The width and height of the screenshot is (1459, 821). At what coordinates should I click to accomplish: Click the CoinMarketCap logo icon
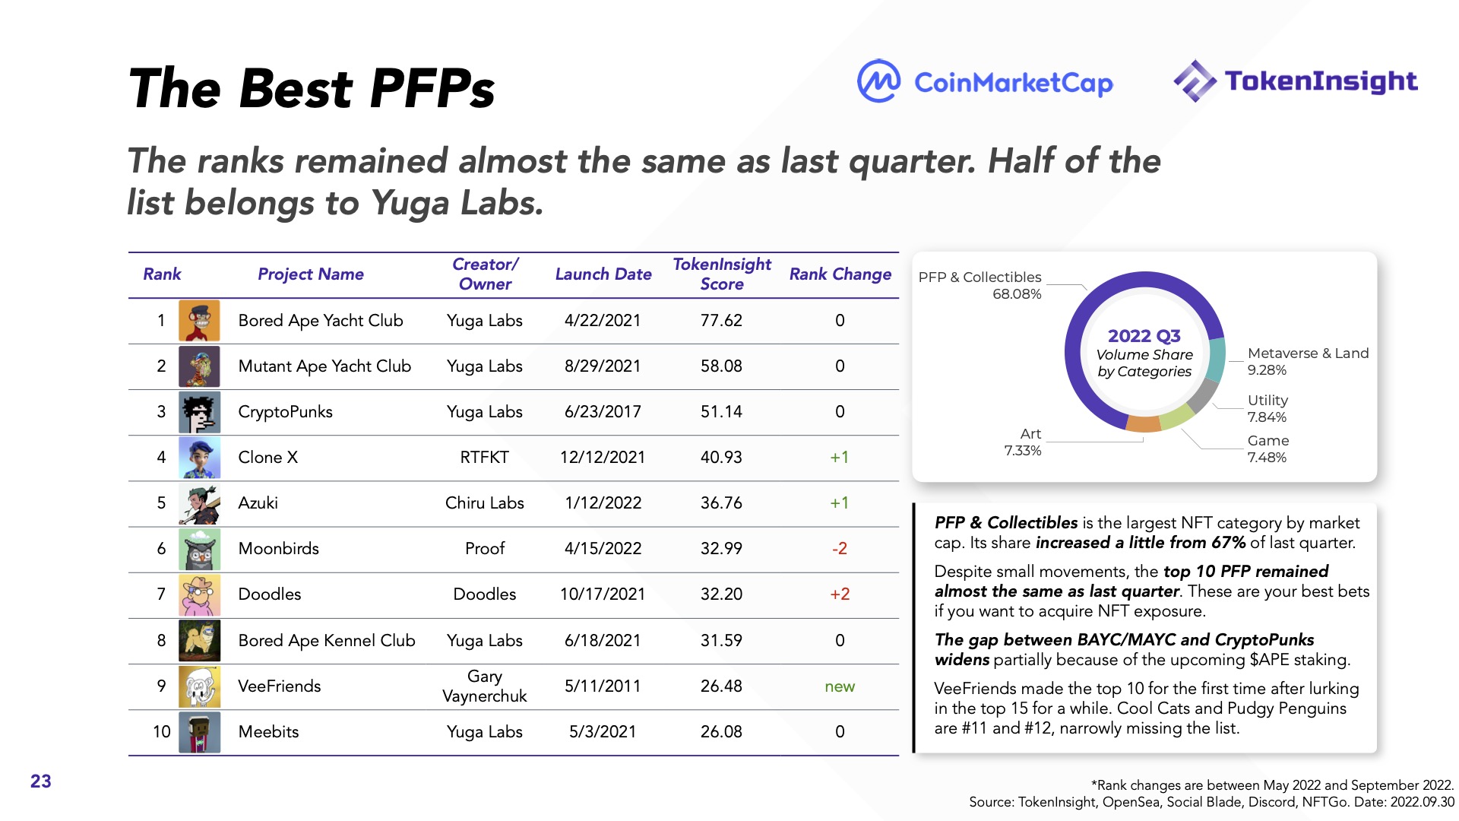click(878, 81)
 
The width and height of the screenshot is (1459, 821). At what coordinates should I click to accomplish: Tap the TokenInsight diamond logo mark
click(1195, 81)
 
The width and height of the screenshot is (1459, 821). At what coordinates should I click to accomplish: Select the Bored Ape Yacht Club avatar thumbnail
click(199, 321)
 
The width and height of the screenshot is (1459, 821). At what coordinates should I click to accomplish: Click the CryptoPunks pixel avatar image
click(199, 412)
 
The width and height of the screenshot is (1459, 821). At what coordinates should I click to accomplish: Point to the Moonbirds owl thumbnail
click(199, 549)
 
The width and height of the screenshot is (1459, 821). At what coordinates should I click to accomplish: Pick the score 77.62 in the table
click(721, 321)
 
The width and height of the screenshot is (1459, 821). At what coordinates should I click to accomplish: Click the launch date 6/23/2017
click(603, 412)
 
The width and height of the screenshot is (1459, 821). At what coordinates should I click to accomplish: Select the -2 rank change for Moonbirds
click(839, 549)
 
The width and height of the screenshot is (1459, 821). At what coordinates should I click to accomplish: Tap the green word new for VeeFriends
click(840, 686)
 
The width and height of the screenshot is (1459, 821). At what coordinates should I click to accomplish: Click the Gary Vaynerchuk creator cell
click(484, 686)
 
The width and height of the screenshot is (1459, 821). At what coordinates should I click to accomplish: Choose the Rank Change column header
click(840, 274)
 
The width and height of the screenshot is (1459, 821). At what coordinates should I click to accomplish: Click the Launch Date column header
click(603, 274)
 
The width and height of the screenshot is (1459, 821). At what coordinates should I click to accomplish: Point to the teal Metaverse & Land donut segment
click(1215, 360)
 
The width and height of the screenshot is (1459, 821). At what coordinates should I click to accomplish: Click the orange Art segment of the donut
click(1144, 423)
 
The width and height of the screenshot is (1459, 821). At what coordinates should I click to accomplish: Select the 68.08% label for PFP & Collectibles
click(1016, 294)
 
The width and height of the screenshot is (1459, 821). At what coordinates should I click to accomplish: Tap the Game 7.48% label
click(1267, 449)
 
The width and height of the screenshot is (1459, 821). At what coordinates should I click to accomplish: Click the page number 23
click(41, 781)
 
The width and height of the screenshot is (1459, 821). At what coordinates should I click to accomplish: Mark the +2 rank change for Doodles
click(840, 594)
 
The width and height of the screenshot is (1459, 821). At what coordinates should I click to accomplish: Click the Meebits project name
click(268, 732)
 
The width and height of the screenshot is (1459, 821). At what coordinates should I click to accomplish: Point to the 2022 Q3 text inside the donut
click(1144, 336)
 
